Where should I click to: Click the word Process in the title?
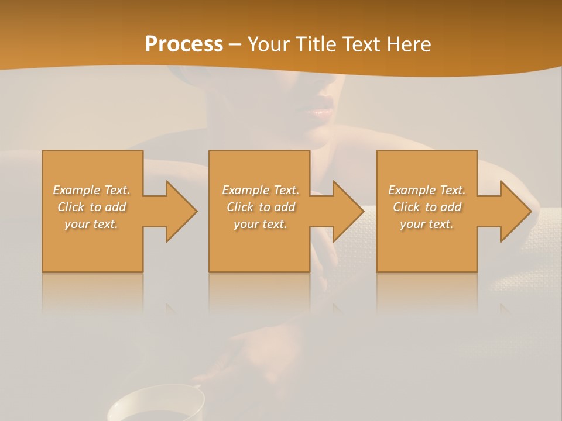pyautogui.click(x=184, y=44)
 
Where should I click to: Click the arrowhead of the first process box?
pyautogui.click(x=179, y=211)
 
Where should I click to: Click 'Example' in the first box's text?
pyautogui.click(x=77, y=190)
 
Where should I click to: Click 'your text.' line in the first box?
pyautogui.click(x=91, y=224)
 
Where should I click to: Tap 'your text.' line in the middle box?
pyautogui.click(x=261, y=224)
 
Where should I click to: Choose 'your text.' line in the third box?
pyautogui.click(x=427, y=224)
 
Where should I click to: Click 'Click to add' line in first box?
pyautogui.click(x=91, y=207)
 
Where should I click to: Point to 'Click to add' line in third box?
pyautogui.click(x=427, y=207)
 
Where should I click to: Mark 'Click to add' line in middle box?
pyautogui.click(x=261, y=207)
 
